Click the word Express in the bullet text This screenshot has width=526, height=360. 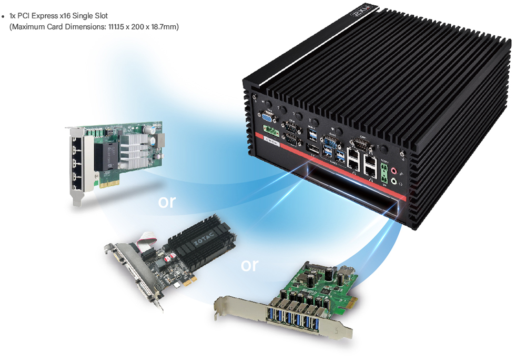pyautogui.click(x=45, y=16)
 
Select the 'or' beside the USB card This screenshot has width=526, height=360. pyautogui.click(x=249, y=265)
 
